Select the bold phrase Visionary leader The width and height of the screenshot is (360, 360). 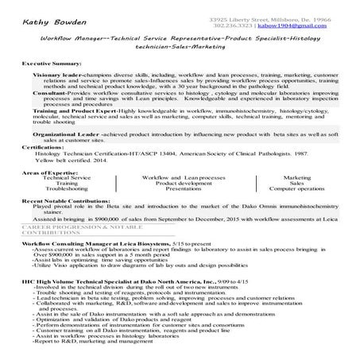point(64,72)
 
